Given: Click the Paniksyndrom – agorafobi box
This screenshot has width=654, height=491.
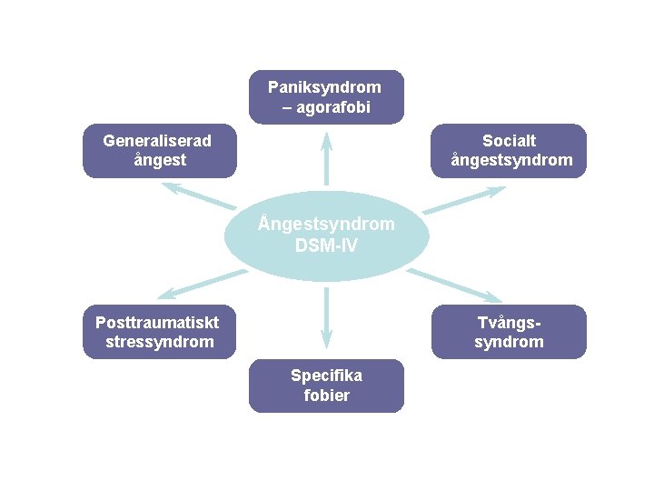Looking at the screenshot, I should point(326,97).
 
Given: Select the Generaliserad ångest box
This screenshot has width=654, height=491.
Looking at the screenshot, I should point(159,151).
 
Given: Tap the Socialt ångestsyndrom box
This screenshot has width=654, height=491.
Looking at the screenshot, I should point(509,151).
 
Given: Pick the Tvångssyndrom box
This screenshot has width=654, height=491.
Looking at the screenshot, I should point(509,331).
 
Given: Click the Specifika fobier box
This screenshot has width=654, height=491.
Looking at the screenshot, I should point(326,386).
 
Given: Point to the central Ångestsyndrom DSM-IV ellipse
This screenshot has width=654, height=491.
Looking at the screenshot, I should point(326,235).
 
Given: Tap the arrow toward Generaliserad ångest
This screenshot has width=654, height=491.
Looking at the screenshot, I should point(198,196).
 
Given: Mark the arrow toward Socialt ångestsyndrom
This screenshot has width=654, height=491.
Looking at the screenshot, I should point(463,200).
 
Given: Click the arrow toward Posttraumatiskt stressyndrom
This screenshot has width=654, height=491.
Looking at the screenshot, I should point(200,284).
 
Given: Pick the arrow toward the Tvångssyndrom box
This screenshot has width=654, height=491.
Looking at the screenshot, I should point(454,284).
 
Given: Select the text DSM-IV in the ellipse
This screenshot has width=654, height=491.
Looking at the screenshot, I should point(326,245).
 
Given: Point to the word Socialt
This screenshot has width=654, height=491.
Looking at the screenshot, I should point(509,141).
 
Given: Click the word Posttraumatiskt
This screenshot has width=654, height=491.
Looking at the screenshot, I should point(157,321).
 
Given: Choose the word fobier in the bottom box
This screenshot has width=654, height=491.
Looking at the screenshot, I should point(326,396).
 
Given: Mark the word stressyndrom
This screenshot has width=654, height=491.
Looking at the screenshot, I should point(160,342).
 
